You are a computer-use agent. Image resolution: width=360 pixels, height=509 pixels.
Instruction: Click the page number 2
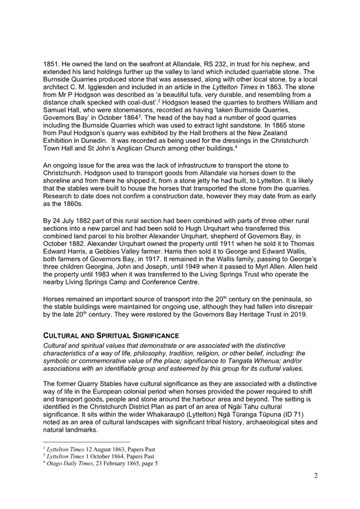pyautogui.click(x=316, y=475)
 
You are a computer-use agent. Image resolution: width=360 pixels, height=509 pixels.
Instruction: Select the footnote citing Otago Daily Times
pyautogui.click(x=100, y=463)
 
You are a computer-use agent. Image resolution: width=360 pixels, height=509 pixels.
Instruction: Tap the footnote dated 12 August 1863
pyautogui.click(x=99, y=449)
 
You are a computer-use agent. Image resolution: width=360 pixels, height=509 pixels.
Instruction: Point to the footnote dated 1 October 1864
pyautogui.click(x=99, y=456)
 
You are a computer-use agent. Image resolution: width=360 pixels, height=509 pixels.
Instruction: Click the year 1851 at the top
pyautogui.click(x=52, y=63)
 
